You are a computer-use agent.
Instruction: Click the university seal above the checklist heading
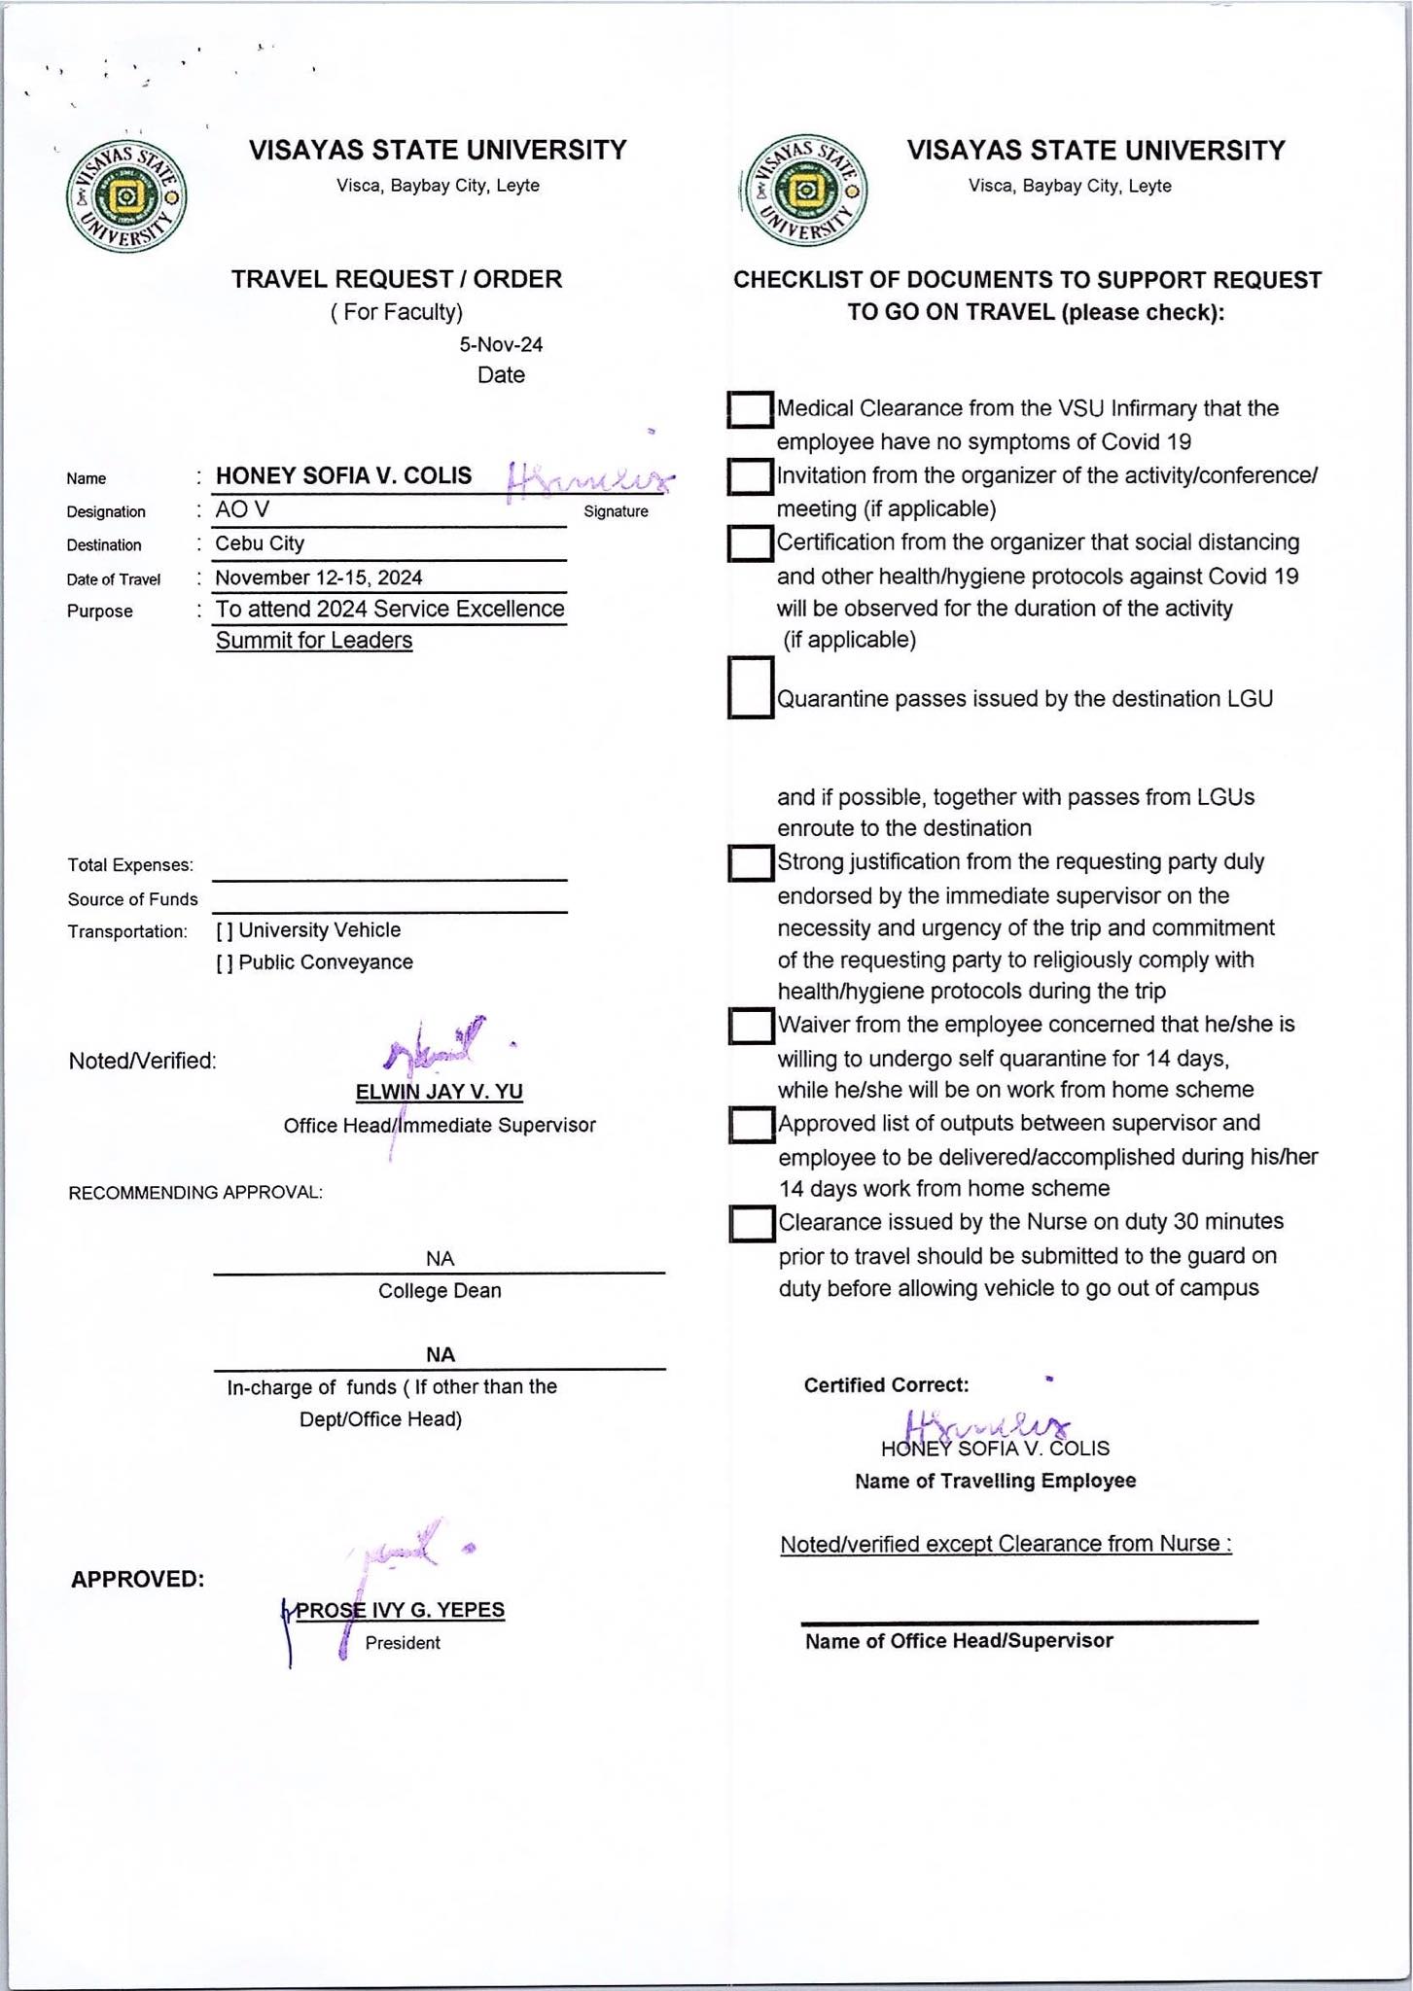[x=804, y=191]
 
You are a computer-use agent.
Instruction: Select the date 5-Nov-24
[x=501, y=344]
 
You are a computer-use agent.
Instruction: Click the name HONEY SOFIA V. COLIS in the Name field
[x=343, y=475]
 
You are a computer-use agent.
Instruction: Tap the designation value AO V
[x=242, y=509]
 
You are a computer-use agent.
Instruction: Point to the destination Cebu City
[x=260, y=543]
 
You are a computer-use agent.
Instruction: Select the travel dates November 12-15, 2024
[x=319, y=577]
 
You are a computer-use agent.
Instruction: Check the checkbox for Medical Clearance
[x=750, y=409]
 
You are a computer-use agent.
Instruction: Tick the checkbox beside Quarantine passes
[x=750, y=688]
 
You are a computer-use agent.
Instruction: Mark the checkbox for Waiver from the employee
[x=751, y=1026]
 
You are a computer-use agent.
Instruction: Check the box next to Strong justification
[x=751, y=863]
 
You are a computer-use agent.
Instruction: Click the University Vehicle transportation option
[x=225, y=931]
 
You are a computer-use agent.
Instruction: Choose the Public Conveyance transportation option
[x=225, y=963]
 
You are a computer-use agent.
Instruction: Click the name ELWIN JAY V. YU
[x=439, y=1092]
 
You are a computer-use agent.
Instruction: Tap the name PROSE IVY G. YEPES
[x=400, y=1610]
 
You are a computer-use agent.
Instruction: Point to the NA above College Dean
[x=440, y=1259]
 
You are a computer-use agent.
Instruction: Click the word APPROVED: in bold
[x=137, y=1580]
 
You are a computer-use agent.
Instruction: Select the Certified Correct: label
[x=886, y=1385]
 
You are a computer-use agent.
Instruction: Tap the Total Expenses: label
[x=130, y=865]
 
